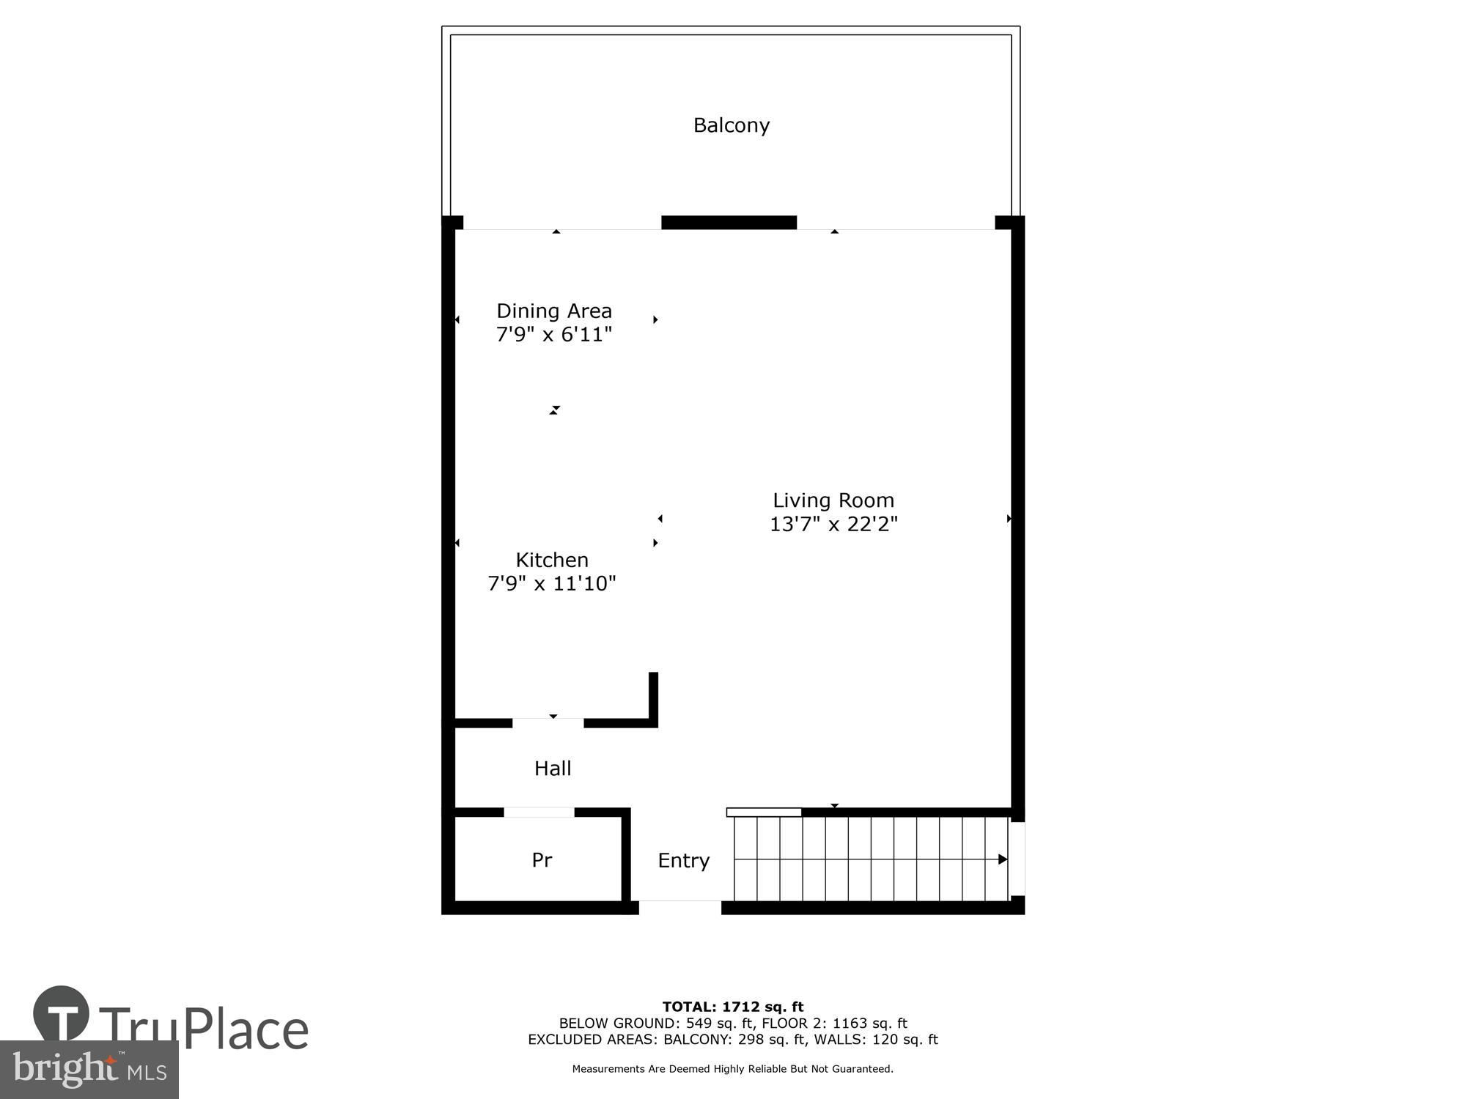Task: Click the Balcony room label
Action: click(x=732, y=125)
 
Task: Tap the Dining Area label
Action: click(x=554, y=311)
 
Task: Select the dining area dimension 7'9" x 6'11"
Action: click(x=554, y=335)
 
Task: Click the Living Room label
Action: click(x=833, y=500)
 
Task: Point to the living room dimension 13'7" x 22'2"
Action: click(x=833, y=524)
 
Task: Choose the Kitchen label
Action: click(x=552, y=560)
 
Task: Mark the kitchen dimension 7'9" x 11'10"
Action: click(x=552, y=583)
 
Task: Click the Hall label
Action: click(x=553, y=768)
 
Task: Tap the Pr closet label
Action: click(x=542, y=859)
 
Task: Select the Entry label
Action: click(x=684, y=860)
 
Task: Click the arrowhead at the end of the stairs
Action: click(x=1003, y=859)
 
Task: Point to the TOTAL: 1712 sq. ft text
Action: click(x=733, y=1007)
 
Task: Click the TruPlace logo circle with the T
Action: click(x=62, y=1013)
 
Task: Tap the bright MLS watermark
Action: click(x=89, y=1070)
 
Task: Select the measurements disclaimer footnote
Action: click(x=733, y=1069)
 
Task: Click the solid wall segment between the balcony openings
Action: click(x=729, y=223)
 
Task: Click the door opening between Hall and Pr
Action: click(x=539, y=812)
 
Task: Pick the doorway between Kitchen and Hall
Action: click(x=548, y=723)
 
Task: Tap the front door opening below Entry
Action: click(x=680, y=908)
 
